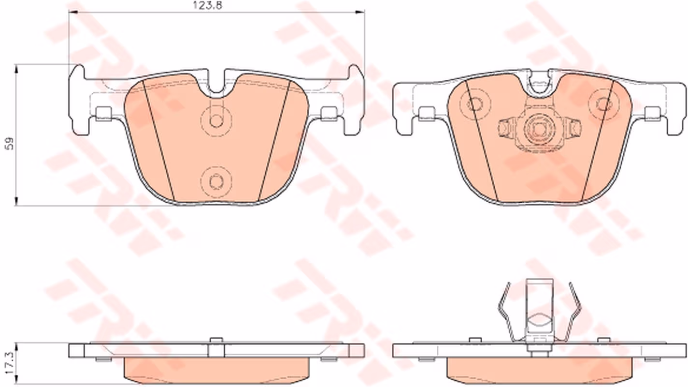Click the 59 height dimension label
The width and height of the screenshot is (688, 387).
10,143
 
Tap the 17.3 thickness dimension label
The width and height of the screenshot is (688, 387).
10,363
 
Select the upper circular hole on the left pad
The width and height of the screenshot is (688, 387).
216,120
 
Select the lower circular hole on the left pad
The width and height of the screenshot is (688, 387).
216,181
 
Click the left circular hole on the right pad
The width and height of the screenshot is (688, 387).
475,104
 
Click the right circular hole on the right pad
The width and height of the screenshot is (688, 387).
603,104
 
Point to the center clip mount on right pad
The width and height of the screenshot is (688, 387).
539,130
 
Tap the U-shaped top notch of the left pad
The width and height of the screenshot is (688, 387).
216,84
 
